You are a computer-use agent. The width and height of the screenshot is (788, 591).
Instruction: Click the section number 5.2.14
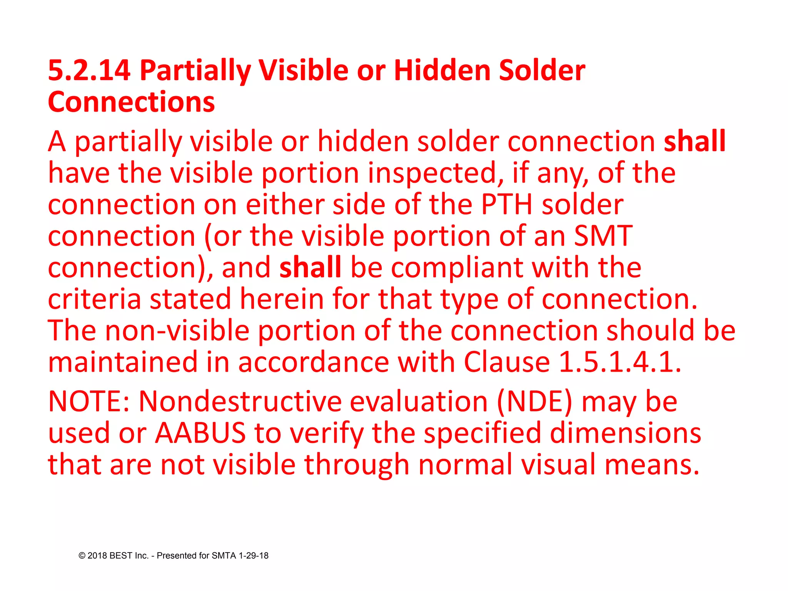point(89,70)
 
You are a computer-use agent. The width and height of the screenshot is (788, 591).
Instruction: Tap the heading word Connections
point(131,102)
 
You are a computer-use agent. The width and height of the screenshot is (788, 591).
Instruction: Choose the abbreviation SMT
point(603,236)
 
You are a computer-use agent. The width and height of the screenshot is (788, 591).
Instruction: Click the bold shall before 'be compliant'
point(310,267)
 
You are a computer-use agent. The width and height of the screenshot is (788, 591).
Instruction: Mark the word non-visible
point(177,331)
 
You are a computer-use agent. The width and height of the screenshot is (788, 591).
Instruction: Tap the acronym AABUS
point(200,433)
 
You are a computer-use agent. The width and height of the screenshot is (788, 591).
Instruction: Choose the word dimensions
point(625,433)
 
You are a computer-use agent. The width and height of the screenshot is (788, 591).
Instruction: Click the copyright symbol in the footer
point(82,556)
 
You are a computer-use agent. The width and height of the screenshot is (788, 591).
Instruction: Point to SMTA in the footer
point(224,556)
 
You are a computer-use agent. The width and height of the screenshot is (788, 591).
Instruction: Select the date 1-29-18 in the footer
point(254,556)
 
